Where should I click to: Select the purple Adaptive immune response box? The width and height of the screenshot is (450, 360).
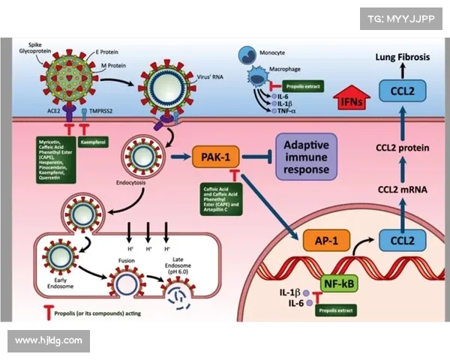coord(305,156)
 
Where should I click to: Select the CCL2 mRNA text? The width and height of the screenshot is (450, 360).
coord(402,190)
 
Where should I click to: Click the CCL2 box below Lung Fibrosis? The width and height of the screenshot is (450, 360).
coord(403,92)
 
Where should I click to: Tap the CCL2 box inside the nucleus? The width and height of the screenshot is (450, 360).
coord(403,241)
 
